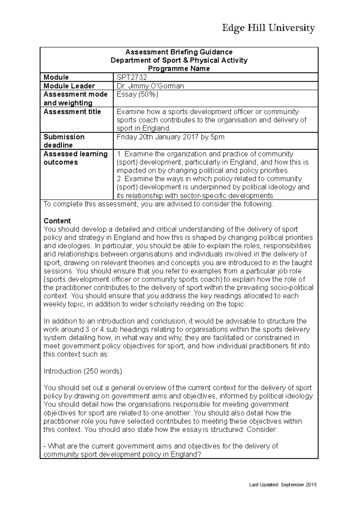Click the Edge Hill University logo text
click(268, 28)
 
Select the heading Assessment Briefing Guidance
click(179, 52)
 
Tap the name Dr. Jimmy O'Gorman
click(150, 86)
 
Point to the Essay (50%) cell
click(137, 94)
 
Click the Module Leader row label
click(69, 86)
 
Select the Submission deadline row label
click(64, 141)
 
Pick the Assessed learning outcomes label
click(76, 158)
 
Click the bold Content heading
click(57, 221)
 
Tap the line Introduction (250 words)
click(83, 371)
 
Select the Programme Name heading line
click(179, 69)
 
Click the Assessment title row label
click(72, 112)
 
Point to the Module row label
click(56, 77)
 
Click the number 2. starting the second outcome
click(119, 179)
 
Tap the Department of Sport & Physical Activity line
click(179, 60)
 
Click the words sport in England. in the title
click(143, 128)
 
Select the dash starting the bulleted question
click(45, 446)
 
